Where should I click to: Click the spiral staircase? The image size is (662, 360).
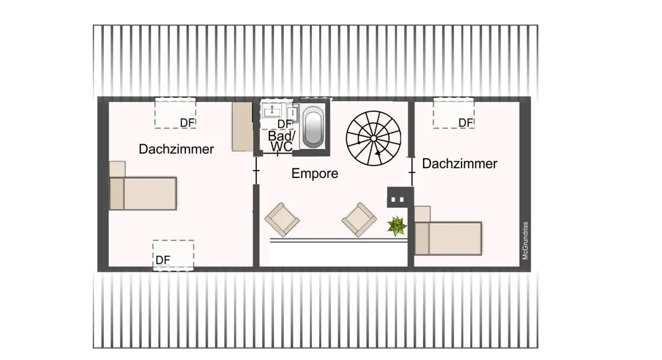pyautogui.click(x=375, y=139)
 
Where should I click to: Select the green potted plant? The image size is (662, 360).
pyautogui.click(x=397, y=226)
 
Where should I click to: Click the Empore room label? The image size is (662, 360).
pyautogui.click(x=315, y=174)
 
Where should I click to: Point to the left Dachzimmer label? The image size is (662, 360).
pyautogui.click(x=176, y=150)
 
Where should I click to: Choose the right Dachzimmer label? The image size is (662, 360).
pyautogui.click(x=459, y=163)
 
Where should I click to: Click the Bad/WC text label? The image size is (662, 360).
pyautogui.click(x=281, y=140)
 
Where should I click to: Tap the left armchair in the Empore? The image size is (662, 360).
pyautogui.click(x=282, y=219)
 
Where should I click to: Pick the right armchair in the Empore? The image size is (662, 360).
pyautogui.click(x=359, y=219)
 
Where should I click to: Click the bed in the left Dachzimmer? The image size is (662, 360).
pyautogui.click(x=144, y=193)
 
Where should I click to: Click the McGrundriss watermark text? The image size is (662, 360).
pyautogui.click(x=525, y=239)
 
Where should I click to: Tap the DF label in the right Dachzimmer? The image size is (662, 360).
pyautogui.click(x=466, y=123)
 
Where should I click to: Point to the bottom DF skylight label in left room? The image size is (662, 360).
pyautogui.click(x=163, y=260)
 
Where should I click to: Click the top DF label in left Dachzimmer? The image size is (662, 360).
pyautogui.click(x=188, y=123)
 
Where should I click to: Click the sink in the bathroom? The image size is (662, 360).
pyautogui.click(x=271, y=111)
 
